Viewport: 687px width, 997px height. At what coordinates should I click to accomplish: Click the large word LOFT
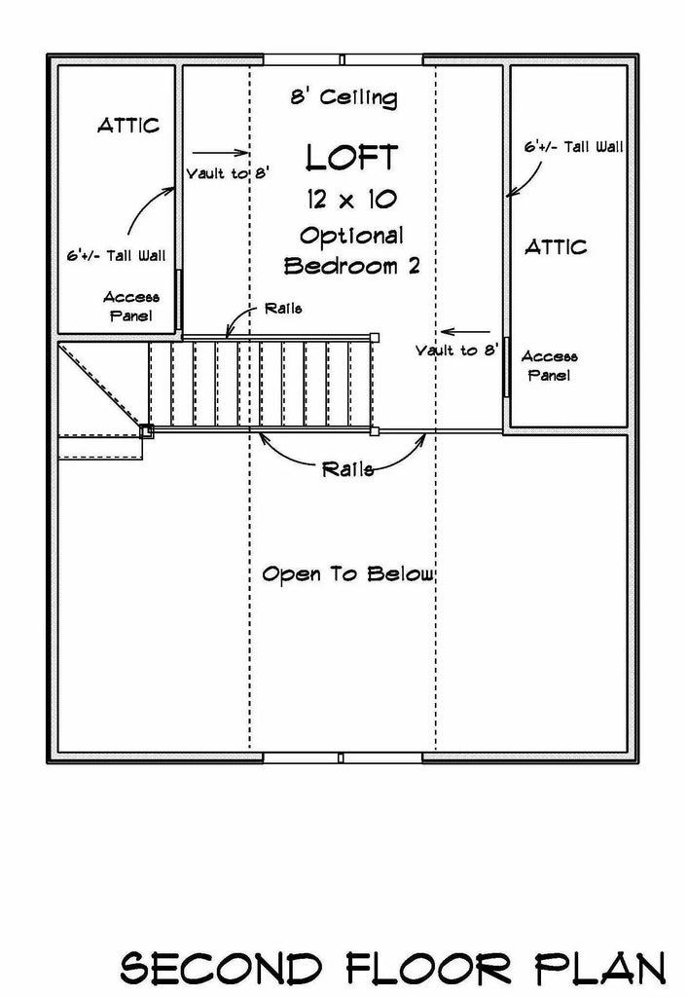pos(351,157)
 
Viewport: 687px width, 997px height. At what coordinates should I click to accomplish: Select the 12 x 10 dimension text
pos(351,200)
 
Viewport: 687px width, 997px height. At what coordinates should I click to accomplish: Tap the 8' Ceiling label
pos(343,97)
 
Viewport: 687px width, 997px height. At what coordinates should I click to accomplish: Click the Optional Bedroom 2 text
pos(351,250)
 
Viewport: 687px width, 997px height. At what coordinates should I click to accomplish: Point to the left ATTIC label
pos(127,126)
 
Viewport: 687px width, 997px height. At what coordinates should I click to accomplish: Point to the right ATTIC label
pos(556,246)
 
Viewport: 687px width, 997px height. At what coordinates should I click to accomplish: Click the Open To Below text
pos(347,574)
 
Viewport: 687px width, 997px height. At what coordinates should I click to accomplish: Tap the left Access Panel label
pos(131,306)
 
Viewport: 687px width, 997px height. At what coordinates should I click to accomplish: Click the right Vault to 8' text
pos(457,350)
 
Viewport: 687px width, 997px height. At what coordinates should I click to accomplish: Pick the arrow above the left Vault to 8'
pos(221,152)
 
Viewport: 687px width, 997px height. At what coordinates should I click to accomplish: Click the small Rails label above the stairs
pos(282,309)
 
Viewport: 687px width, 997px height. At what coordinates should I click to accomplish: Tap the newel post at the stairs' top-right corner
pos(375,336)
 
